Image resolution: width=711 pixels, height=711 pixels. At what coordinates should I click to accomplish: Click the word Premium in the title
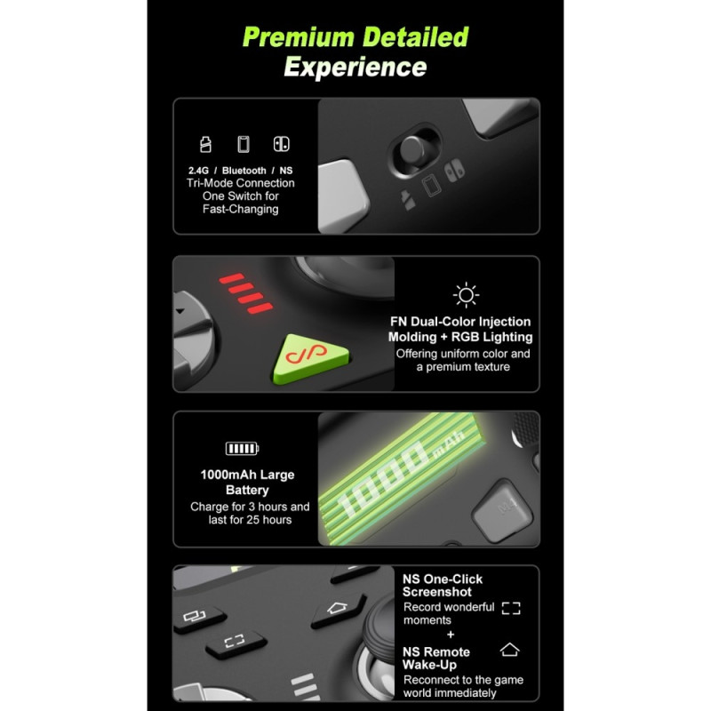coord(299,37)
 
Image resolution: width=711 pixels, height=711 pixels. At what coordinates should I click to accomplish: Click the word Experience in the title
coord(355,68)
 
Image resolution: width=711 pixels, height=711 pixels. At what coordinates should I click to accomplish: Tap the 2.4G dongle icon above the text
coord(205,144)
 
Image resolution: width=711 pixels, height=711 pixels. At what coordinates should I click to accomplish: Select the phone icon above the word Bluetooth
coord(244,144)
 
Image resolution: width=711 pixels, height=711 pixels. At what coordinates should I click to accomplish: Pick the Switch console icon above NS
coord(281,144)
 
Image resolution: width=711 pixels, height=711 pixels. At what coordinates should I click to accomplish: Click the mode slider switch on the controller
coord(413,151)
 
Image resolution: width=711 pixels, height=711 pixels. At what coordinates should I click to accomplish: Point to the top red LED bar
coord(232,278)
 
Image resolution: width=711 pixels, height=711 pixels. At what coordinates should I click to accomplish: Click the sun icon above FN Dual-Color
coord(466,295)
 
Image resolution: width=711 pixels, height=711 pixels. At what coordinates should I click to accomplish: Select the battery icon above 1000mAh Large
coord(242,449)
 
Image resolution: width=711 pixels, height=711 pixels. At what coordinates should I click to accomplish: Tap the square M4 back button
coord(503,510)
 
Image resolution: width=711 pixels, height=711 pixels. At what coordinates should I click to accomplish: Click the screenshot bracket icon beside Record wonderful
coord(511,608)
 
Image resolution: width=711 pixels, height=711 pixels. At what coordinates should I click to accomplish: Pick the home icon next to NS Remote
coord(509,650)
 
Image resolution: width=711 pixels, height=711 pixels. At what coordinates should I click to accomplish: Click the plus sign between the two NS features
coord(451,635)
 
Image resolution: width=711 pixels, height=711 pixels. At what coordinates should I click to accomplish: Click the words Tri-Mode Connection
coord(240,183)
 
